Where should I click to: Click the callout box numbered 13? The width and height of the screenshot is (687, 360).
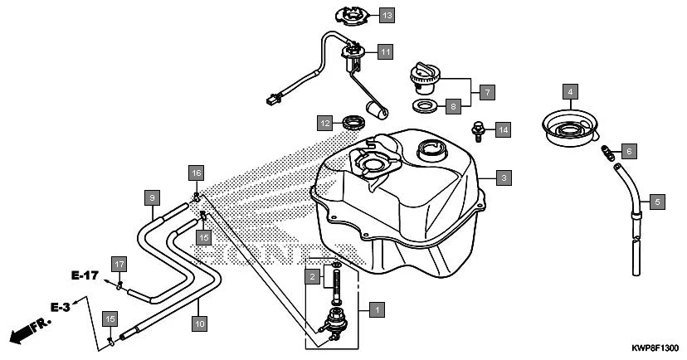[x=387, y=14]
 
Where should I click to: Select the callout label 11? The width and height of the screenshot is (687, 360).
[x=385, y=51]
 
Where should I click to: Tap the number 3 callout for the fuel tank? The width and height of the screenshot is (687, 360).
[x=503, y=177]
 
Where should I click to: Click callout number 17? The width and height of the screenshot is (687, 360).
[x=119, y=264]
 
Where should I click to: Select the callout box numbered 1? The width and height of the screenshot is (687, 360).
[x=376, y=309]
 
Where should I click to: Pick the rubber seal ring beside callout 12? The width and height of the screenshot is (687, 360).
[x=354, y=124]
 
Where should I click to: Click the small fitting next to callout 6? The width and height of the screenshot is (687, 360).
[x=607, y=152]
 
